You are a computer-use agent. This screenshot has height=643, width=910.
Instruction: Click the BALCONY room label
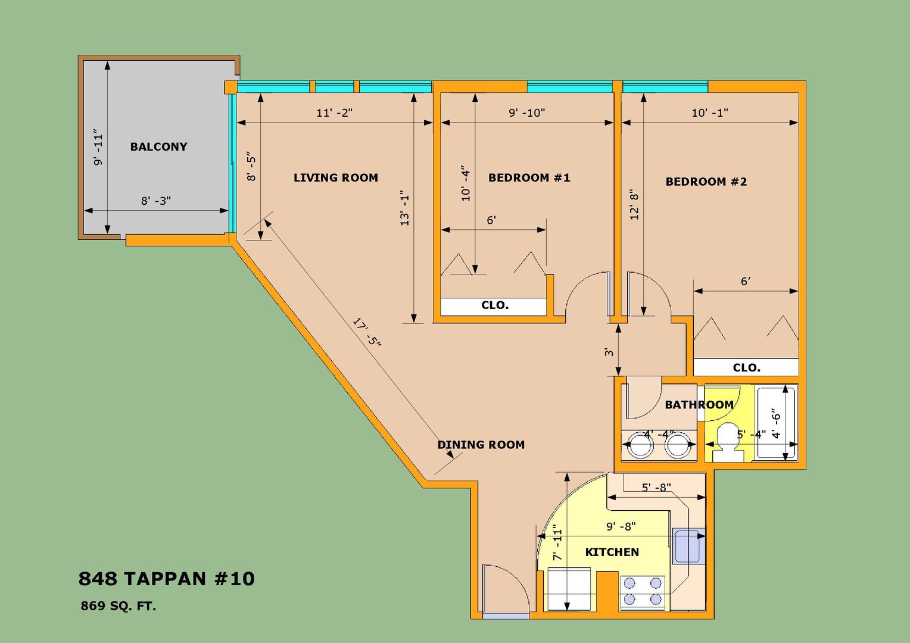[158, 146]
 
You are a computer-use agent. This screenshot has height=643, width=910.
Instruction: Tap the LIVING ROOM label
[335, 177]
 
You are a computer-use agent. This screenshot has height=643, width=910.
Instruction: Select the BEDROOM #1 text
[529, 177]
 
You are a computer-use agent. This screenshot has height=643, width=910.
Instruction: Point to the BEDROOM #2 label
[706, 182]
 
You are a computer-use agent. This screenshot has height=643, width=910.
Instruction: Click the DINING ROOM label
[481, 445]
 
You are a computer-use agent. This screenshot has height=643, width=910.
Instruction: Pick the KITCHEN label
[612, 552]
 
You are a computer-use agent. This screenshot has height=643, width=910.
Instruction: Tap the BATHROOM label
[699, 405]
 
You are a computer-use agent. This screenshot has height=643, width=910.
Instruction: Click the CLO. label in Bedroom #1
[495, 305]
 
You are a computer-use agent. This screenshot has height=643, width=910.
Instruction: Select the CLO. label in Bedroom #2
[747, 367]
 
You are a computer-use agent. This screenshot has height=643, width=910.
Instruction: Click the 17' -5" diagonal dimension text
[366, 332]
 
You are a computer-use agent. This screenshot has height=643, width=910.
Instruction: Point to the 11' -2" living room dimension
[334, 113]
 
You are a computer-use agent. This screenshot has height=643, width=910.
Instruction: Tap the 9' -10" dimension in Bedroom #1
[527, 113]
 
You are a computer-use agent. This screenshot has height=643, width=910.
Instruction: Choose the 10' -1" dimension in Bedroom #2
[710, 113]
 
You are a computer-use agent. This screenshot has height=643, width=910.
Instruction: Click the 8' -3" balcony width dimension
[156, 201]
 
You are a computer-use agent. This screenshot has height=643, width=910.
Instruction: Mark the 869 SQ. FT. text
[119, 606]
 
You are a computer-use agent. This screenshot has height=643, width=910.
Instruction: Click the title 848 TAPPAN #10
[167, 579]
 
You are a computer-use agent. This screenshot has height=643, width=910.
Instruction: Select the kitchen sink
[688, 546]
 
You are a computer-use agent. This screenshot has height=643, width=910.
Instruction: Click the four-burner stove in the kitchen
[642, 592]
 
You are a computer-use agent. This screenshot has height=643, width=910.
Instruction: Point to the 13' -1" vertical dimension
[404, 208]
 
